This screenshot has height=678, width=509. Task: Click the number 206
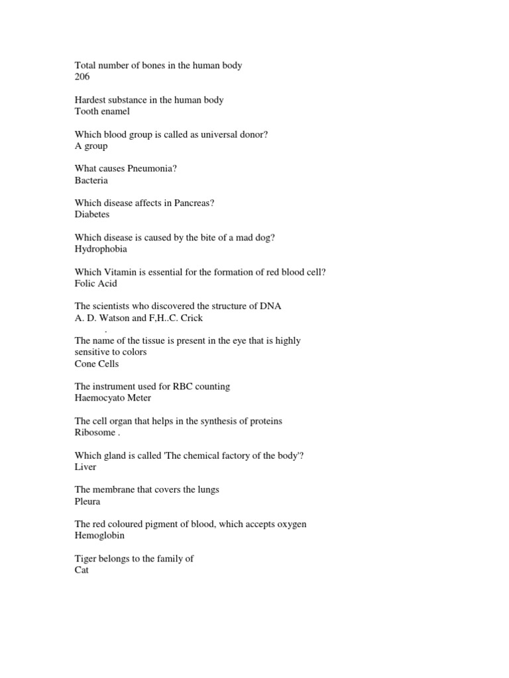point(82,77)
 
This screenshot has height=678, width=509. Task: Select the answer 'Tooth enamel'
point(102,111)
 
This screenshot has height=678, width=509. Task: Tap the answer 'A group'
point(91,146)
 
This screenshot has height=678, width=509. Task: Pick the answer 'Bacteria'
point(91,180)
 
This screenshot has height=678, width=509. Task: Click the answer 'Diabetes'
point(92,215)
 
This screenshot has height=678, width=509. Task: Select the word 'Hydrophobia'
point(101,249)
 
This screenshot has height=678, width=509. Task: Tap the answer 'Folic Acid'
point(96,283)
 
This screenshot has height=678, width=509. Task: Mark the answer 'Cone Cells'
point(97,363)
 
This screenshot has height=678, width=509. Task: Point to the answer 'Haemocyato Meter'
point(113,398)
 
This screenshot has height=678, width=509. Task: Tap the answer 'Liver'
point(85,467)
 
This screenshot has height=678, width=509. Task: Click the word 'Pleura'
point(88,501)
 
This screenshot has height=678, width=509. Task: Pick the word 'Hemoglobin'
point(99,536)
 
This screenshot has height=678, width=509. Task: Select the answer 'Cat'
point(82,570)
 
